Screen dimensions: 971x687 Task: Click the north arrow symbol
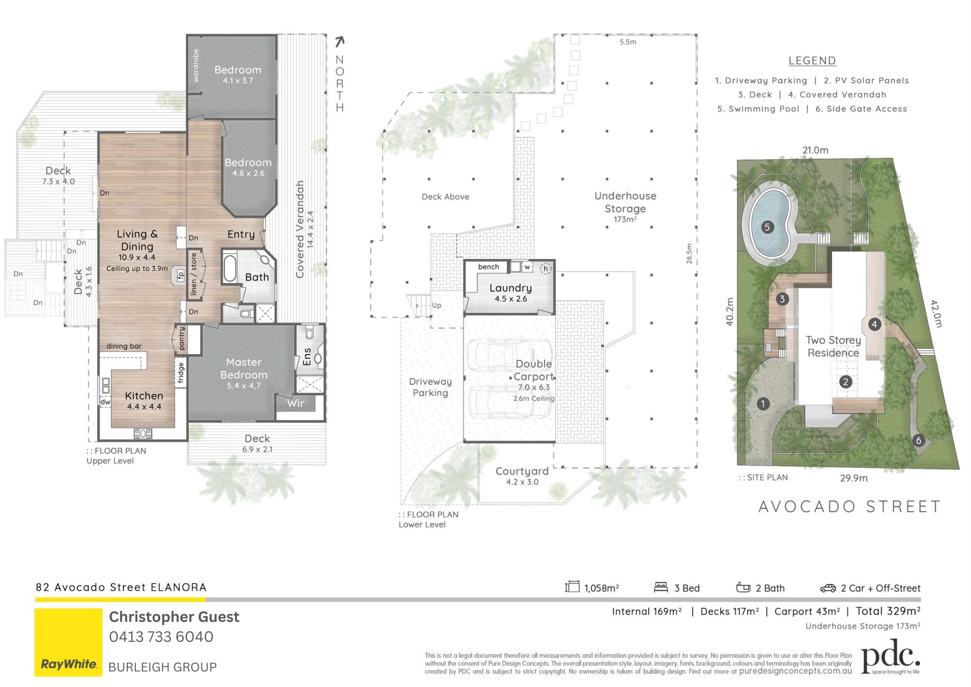340,42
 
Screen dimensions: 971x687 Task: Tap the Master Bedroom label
244,368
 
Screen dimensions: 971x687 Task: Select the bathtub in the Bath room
229,269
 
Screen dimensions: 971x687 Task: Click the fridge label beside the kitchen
181,373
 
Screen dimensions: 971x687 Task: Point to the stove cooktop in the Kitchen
143,433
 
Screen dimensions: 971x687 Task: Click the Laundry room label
510,288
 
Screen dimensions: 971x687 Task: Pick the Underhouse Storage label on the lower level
625,202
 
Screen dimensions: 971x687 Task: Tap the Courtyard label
522,471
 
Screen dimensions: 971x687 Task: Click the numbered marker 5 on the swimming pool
767,227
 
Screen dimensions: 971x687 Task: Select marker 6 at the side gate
918,441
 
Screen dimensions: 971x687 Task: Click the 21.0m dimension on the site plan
815,150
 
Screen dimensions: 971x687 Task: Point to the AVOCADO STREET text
849,507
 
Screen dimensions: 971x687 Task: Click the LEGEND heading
812,61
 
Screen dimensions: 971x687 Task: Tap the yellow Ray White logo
68,642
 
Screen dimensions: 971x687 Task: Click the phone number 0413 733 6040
161,637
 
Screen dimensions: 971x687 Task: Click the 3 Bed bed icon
661,587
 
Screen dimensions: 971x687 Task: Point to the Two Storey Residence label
833,346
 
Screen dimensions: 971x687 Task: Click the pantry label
182,338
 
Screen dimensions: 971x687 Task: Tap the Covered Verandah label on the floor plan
300,229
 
